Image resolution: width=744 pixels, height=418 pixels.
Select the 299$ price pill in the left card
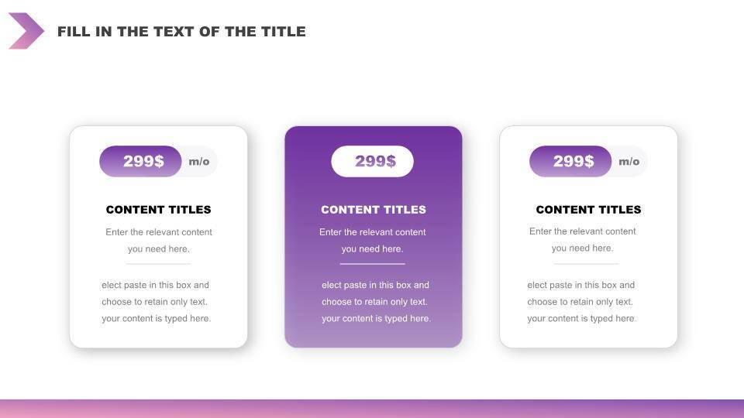tap(140, 161)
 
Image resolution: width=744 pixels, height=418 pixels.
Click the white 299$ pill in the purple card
tap(373, 161)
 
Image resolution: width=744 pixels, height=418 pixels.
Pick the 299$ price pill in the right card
tap(570, 161)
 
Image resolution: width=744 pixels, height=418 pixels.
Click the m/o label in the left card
tap(199, 162)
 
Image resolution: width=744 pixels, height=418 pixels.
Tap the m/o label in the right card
tap(629, 162)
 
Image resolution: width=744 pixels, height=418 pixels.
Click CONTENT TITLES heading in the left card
tap(158, 210)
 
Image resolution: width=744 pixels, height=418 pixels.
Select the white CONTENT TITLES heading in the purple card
tap(374, 210)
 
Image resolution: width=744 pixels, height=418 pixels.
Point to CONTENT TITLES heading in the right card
tap(588, 210)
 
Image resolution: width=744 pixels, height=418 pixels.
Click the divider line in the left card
tap(158, 263)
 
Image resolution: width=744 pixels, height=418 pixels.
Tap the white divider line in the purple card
tap(373, 263)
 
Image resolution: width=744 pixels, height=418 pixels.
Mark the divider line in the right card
tap(587, 263)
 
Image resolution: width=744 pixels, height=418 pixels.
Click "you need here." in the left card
tap(158, 248)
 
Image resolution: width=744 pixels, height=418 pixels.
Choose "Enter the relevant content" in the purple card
tap(373, 232)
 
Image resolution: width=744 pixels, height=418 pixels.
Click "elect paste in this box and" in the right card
tap(580, 285)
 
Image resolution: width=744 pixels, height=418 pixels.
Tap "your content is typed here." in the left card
tap(156, 318)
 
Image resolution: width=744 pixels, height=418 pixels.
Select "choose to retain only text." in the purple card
tap(374, 301)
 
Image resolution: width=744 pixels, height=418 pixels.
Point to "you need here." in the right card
tap(582, 248)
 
